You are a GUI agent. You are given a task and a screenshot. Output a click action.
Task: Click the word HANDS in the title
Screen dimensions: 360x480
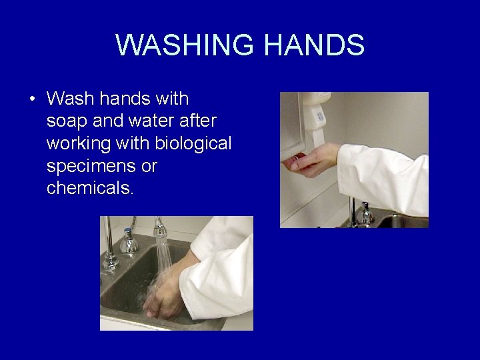coord(314,45)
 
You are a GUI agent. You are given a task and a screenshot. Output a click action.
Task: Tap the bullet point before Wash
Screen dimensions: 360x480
coord(33,99)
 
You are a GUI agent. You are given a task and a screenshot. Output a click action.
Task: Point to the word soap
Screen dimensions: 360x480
coord(65,121)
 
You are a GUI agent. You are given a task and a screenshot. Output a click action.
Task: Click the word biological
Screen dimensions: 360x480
coord(193,143)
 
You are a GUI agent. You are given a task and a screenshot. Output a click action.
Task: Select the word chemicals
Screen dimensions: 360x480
coord(90,189)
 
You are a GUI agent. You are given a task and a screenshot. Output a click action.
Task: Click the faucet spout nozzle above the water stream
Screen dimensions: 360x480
coord(160,231)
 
